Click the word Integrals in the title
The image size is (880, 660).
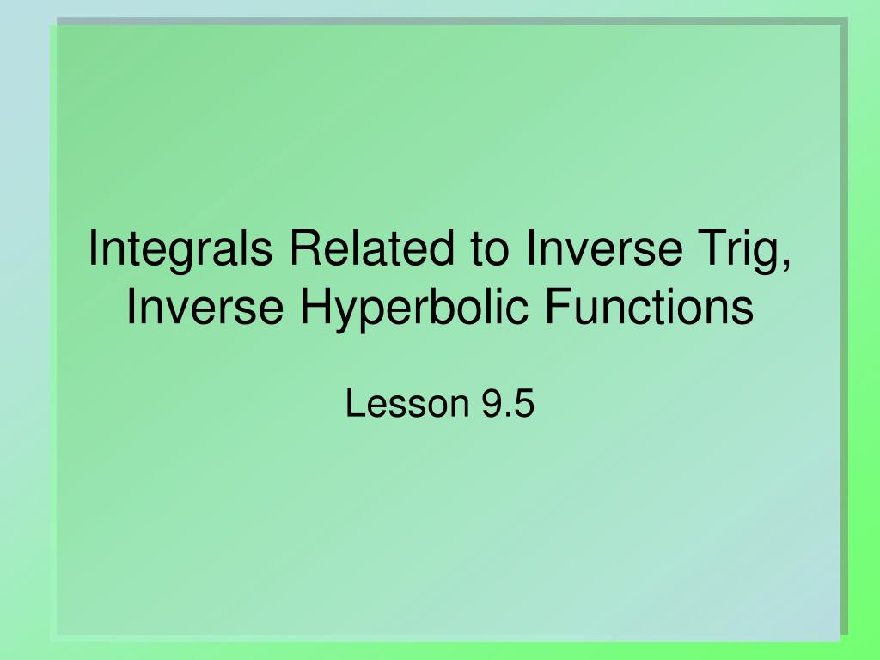pos(180,251)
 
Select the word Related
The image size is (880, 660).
pos(371,247)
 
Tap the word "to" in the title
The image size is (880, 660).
pos(489,250)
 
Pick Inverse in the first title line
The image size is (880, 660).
pos(604,247)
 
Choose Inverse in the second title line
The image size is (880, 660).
pos(205,307)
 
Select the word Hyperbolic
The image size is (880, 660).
pos(414,309)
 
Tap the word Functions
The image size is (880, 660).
pos(650,307)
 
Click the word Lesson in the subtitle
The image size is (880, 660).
pos(407,404)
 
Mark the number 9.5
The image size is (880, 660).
pos(507,404)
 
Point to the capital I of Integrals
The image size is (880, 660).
pos(93,247)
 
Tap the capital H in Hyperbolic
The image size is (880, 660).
pos(316,307)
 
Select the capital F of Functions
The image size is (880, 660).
pos(559,307)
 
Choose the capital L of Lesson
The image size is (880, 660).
pos(356,404)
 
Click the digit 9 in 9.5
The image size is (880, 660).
pos(491,404)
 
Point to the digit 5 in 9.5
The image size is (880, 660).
pos(524,404)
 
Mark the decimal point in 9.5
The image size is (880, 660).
pos(507,415)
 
